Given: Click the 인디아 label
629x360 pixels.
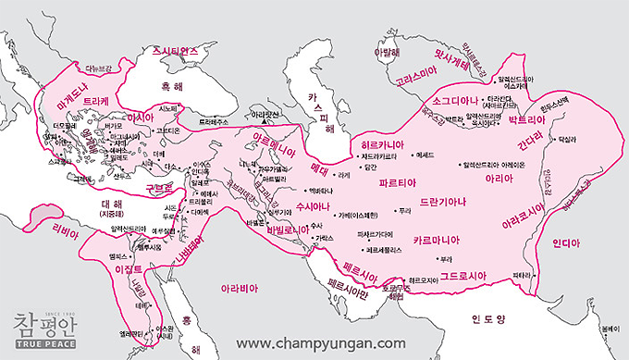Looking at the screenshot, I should (565, 245).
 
